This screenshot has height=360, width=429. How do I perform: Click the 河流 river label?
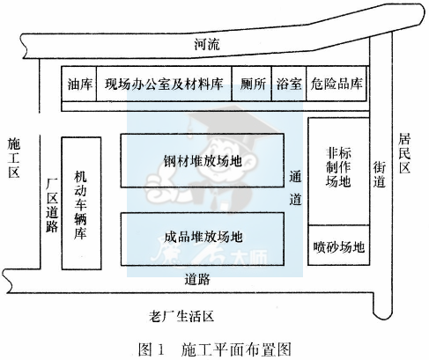pos(206,45)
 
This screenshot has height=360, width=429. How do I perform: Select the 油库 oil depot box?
pos(78,84)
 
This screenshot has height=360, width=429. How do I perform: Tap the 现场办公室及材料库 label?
pos(164,84)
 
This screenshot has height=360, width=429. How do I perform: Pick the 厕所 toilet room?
pos(252,84)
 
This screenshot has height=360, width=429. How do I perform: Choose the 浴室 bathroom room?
pos(289,84)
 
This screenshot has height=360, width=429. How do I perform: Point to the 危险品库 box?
pos(337,84)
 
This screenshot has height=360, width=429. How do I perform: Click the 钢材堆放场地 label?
pos(203,161)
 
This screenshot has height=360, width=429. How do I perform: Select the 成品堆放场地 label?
pos(203,237)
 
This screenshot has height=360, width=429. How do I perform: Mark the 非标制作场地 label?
pos(338,167)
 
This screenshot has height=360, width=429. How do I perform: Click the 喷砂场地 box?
pos(338,246)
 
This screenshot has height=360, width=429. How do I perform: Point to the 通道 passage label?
pos(295,187)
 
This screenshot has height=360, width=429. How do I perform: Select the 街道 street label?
pos(380,174)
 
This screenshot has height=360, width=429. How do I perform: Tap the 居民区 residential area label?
pos(404,153)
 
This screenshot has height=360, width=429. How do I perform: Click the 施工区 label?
pos(14,158)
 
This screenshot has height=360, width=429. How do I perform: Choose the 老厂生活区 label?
pos(181,317)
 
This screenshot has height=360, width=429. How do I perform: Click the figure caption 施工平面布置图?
pos(236,349)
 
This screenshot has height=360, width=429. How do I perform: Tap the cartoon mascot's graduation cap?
pos(232,121)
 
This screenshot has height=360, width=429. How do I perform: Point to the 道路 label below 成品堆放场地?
pos(197,279)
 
